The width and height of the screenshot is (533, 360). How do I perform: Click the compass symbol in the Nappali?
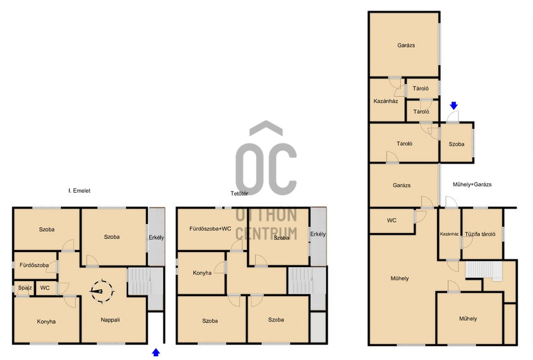pyautogui.click(x=102, y=291)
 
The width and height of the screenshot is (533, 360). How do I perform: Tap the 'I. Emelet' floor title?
pyautogui.click(x=79, y=191)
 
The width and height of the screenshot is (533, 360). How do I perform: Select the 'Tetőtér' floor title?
pyautogui.click(x=239, y=193)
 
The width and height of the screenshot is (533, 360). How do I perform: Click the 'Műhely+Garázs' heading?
pyautogui.click(x=472, y=184)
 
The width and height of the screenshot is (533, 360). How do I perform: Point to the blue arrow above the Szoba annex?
pyautogui.click(x=453, y=105)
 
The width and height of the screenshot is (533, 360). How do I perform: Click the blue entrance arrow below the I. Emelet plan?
pyautogui.click(x=156, y=352)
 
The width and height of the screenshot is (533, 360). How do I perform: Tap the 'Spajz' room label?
pyautogui.click(x=25, y=288)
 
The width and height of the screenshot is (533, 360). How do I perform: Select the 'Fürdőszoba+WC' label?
pyautogui.click(x=210, y=229)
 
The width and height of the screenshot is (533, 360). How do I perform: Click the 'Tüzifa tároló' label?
pyautogui.click(x=480, y=234)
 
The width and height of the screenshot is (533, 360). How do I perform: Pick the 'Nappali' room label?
pyautogui.click(x=110, y=320)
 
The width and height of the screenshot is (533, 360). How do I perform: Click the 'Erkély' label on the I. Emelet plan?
pyautogui.click(x=157, y=237)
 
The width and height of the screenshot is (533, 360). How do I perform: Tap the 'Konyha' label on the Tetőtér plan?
pyautogui.click(x=202, y=273)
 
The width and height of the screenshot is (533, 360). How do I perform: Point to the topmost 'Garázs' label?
pyautogui.click(x=406, y=45)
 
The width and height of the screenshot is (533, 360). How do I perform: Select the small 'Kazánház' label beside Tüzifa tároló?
pyautogui.click(x=449, y=234)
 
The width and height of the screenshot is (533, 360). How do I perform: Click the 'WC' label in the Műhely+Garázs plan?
pyautogui.click(x=392, y=220)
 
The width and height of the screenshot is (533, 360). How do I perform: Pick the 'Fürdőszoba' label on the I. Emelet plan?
pyautogui.click(x=34, y=265)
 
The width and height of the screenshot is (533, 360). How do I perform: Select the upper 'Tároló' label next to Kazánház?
pyautogui.click(x=421, y=88)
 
